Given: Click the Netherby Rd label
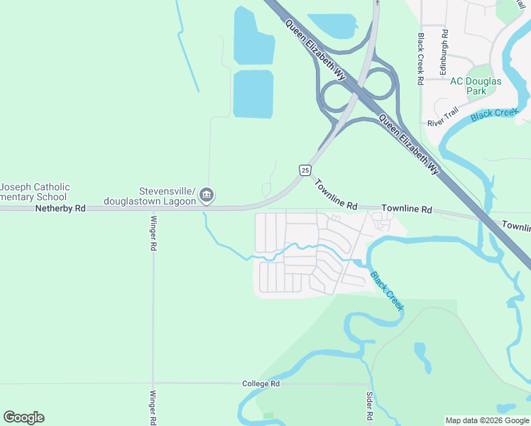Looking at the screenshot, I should pos(60,209).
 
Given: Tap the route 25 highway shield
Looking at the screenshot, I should pos(305,170).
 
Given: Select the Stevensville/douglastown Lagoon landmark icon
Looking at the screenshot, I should pos(207,195).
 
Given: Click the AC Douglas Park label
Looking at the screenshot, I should pos(476,86).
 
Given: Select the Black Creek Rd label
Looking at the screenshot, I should pos(421,59).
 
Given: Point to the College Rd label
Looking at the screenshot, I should pos(261,383).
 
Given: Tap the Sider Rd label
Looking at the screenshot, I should pos(370,404).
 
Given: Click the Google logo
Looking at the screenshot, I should pos(23,417).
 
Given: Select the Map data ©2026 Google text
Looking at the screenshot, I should pos(487,420).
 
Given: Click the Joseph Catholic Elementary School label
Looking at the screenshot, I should pos(35,192).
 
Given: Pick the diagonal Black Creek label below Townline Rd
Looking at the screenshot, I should pos(387,290).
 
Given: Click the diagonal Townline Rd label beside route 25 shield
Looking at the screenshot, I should pos(336,194).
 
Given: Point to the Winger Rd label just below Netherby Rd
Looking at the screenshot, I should pos(153,235).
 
